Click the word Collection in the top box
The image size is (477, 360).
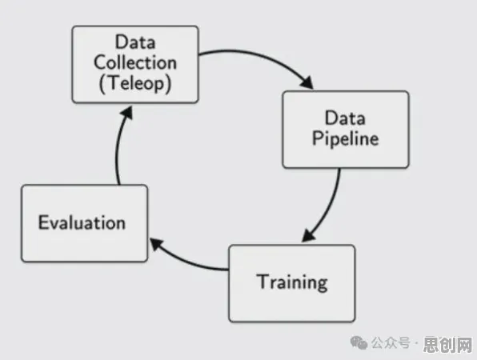tap(135, 62)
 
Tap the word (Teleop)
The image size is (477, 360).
tap(135, 83)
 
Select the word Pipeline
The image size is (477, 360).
tap(345, 139)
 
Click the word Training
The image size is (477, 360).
tap(292, 282)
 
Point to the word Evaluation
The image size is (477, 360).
tap(82, 222)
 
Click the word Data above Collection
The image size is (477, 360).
tap(135, 42)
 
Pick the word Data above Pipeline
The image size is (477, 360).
tap(345, 118)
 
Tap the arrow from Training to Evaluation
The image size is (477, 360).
tap(185, 262)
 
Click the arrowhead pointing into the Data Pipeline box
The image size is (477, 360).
tap(307, 82)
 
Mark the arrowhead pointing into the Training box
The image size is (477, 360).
tap(308, 235)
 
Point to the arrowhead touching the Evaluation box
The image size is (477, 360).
tap(156, 244)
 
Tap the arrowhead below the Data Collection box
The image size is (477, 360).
tap(127, 113)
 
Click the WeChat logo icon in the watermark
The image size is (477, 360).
tap(359, 342)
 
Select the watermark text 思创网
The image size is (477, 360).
tap(448, 345)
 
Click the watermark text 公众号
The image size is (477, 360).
tap(391, 343)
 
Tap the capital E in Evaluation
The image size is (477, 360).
tap(43, 222)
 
